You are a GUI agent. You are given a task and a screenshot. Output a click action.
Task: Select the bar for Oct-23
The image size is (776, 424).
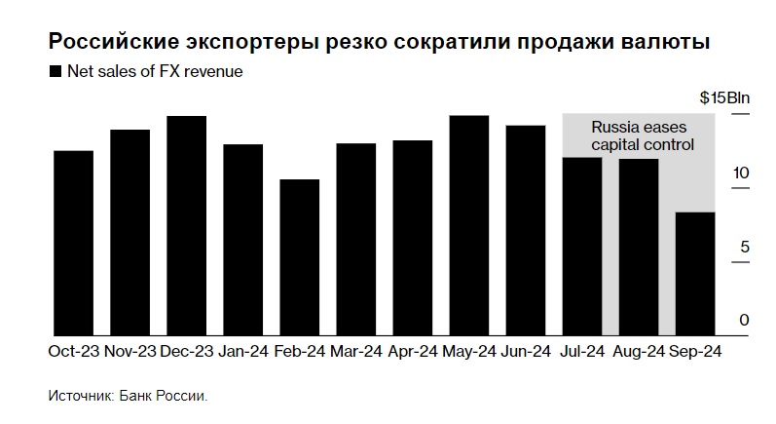[73, 243]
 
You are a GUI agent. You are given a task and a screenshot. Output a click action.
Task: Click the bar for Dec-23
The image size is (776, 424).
[186, 225]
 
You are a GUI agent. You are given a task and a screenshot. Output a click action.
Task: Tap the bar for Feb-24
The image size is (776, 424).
[299, 257]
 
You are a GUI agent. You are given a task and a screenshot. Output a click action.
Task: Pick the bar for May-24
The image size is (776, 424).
[468, 225]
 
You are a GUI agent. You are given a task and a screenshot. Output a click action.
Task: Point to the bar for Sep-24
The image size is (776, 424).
[694, 274]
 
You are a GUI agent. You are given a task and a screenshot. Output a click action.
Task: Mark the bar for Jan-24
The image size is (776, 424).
[242, 240]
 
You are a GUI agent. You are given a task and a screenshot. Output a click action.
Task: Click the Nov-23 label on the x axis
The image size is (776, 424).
[129, 351]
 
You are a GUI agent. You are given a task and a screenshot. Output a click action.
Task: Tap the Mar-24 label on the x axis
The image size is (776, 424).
[355, 351]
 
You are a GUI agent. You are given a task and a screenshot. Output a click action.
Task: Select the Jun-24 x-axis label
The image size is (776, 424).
[525, 351]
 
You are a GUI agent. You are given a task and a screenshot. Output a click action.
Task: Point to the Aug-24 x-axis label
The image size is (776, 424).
[638, 351]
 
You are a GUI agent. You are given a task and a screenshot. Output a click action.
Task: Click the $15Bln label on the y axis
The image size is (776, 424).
[724, 99]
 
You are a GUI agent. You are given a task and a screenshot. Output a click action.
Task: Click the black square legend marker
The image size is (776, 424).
[55, 72]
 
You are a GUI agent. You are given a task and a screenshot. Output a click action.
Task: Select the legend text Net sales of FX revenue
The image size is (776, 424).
[155, 71]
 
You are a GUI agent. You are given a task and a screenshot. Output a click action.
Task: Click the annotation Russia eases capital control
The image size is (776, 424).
[644, 136]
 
